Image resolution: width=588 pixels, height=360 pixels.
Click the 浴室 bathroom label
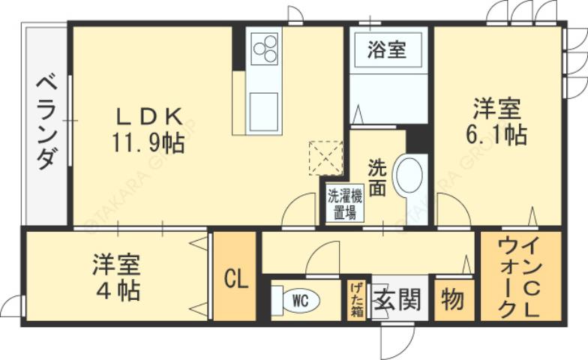[x=387, y=51]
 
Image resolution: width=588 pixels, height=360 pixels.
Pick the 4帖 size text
[x=118, y=290]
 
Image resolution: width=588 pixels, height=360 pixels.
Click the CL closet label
[x=236, y=279]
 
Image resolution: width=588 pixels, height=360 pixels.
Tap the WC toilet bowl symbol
[x=297, y=301]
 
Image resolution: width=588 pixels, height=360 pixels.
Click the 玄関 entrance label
[x=397, y=300]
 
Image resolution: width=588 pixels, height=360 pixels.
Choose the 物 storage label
[x=453, y=300]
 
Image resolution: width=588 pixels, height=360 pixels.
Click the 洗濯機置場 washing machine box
[x=343, y=203]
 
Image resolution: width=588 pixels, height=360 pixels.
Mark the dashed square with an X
[x=325, y=157]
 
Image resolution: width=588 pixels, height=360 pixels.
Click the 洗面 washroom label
[x=376, y=177]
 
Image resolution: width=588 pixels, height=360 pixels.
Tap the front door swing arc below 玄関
[x=394, y=342]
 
